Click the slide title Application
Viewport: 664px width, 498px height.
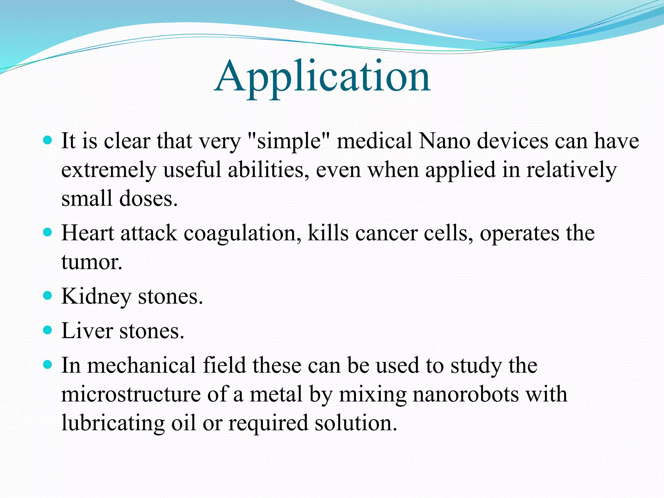pos(322,77)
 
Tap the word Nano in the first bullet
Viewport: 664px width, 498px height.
pos(444,141)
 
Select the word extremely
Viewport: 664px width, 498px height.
pos(109,170)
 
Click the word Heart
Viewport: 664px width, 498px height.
pos(88,233)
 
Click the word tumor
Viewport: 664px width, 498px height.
pos(91,262)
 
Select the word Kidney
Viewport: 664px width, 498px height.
pos(96,297)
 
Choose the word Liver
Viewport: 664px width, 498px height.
pos(87,331)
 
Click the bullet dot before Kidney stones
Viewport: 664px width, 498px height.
pos(47,296)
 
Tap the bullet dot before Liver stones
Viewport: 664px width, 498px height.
pos(47,330)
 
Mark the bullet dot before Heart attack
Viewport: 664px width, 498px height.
pos(47,232)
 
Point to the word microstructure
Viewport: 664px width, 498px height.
pos(131,394)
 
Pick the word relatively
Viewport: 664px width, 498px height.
pos(571,170)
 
